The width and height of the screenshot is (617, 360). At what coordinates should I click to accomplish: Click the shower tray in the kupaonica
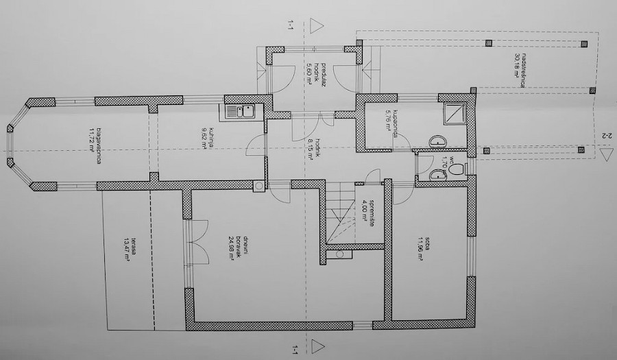point(455,112)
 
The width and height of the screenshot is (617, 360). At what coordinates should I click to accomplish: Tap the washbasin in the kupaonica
point(437,142)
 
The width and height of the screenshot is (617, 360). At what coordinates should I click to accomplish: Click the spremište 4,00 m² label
point(371,213)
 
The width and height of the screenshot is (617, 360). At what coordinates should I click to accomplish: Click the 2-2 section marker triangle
point(604,154)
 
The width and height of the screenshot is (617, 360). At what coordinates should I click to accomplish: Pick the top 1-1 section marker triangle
point(316,26)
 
